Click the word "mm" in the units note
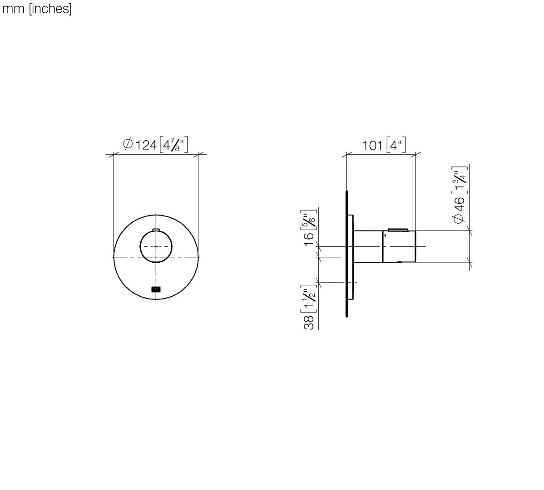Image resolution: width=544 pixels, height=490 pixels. click(x=13, y=9)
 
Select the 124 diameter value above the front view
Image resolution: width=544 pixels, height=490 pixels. click(x=146, y=145)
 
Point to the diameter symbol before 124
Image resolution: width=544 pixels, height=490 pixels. click(x=128, y=144)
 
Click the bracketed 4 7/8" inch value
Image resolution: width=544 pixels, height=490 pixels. click(x=173, y=145)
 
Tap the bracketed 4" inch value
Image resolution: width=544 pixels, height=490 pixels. click(x=396, y=146)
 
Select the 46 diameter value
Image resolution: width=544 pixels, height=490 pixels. click(x=460, y=204)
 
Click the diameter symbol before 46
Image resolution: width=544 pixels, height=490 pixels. click(x=459, y=218)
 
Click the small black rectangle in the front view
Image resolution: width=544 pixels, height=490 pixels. click(x=156, y=289)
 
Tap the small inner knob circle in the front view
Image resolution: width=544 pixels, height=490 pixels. click(x=156, y=246)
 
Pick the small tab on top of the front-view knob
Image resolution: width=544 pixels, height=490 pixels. click(x=156, y=230)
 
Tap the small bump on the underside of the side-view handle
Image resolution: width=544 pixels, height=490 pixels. click(x=399, y=263)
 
